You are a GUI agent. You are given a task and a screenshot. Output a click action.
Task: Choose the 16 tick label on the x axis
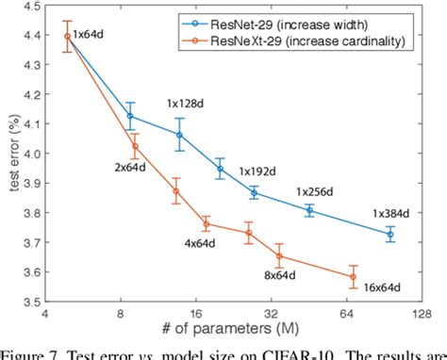coord(195,318)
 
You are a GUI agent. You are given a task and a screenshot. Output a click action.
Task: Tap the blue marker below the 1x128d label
coord(179,135)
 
